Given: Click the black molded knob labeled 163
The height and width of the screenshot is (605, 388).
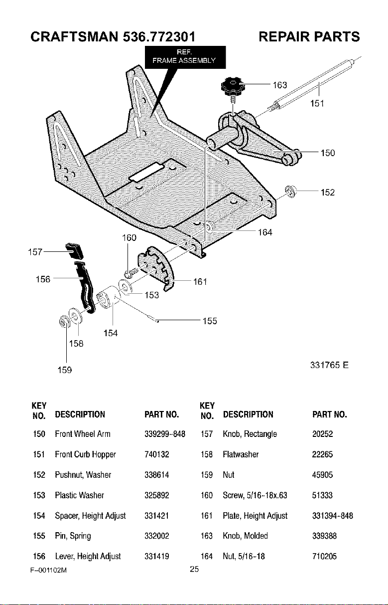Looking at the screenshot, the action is click(x=233, y=86).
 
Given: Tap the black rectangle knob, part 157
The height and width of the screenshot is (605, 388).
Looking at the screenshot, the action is click(x=74, y=251).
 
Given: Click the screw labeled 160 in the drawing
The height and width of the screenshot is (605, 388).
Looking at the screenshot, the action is click(x=131, y=272).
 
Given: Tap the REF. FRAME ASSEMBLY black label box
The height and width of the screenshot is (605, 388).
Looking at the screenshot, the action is click(x=185, y=57).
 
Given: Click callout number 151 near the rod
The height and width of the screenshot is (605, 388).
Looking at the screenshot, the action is click(x=317, y=103).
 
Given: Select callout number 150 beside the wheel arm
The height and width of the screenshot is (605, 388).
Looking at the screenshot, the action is click(x=328, y=153).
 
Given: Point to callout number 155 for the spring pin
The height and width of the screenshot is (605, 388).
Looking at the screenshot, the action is click(x=210, y=321).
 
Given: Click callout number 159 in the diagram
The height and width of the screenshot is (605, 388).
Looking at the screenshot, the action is click(x=65, y=370).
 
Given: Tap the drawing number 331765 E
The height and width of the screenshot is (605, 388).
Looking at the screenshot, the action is click(x=329, y=365).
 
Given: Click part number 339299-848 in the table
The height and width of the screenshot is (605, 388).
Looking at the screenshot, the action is click(x=165, y=434).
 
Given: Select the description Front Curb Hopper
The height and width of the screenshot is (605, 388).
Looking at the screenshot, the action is click(x=85, y=454).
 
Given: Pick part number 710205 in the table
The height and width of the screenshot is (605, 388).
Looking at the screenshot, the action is click(x=324, y=556).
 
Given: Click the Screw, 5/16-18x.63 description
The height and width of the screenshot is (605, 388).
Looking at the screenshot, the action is click(x=255, y=495).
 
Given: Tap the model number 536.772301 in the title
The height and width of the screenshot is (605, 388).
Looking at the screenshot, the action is click(x=159, y=36).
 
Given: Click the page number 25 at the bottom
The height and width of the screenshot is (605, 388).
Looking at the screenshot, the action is click(x=194, y=569).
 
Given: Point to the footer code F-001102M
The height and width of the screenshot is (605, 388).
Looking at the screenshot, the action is click(x=48, y=570).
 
